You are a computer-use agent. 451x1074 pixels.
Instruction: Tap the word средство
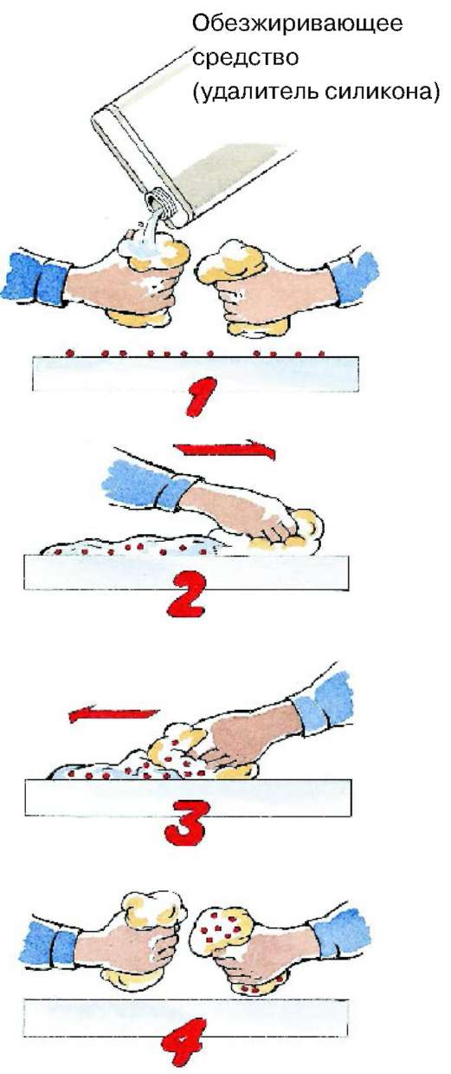click(x=246, y=58)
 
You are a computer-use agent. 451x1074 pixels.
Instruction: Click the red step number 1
click(x=199, y=396)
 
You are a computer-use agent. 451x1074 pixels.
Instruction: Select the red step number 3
click(x=187, y=822)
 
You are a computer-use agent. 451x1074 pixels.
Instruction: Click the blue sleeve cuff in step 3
click(x=324, y=700)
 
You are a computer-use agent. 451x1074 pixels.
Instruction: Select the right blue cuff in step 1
click(x=355, y=274)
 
